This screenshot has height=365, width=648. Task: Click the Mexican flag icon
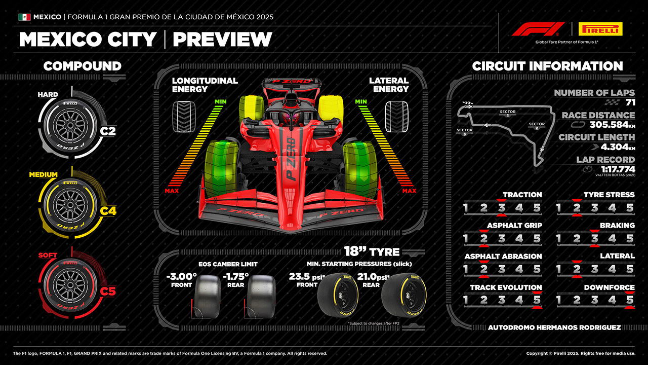pos(24,17)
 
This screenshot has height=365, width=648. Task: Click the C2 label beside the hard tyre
pos(107,131)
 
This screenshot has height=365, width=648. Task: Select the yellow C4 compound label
pos(107,210)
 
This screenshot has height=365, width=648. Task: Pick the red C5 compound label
pos(107,291)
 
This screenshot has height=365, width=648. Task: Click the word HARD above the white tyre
pos(48,94)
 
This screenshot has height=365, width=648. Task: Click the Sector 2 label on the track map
pos(537,126)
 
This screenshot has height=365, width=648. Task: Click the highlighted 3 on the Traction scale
pos(501,208)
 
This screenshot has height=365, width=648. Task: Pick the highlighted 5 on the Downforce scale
pos(630,301)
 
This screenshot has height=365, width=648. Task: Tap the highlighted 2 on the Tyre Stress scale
pos(576,208)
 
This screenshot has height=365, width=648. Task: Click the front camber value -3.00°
pos(181,277)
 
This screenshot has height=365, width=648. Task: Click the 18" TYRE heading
pos(372,251)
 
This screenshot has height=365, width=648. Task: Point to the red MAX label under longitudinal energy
pos(172,191)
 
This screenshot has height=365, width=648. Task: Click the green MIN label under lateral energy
pos(360,102)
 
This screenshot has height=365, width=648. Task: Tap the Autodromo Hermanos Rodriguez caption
pos(554,327)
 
